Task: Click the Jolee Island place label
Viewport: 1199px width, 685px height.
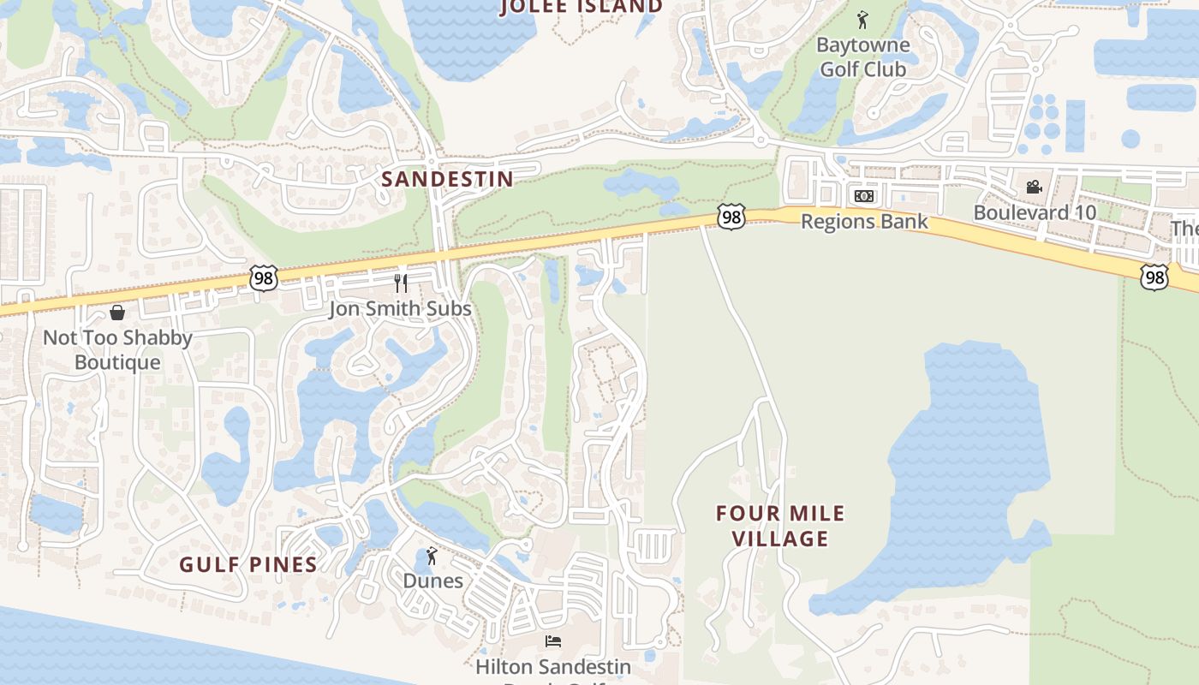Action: tap(582, 7)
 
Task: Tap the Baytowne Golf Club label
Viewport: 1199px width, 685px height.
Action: tap(862, 57)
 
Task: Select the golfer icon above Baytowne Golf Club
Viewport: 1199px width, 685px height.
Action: tap(862, 20)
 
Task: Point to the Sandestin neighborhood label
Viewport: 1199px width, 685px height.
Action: tap(447, 179)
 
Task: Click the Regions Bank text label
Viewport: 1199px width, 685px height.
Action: tap(864, 222)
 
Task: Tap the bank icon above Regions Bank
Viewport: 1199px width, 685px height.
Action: tap(863, 196)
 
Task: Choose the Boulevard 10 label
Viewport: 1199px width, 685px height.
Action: tap(1034, 212)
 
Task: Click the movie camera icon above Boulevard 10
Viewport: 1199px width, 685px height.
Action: tap(1034, 187)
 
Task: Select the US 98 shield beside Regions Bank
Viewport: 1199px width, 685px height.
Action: tap(731, 217)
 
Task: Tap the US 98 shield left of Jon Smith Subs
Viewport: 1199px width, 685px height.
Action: tap(264, 277)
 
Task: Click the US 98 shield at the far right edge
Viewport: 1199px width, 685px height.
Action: tap(1154, 276)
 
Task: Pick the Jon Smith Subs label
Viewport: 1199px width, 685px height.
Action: tap(400, 308)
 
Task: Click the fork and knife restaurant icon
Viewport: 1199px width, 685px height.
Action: tap(400, 283)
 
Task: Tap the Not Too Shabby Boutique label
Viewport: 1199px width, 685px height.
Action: tap(117, 349)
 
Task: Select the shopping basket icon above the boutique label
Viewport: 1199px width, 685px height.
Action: tap(117, 313)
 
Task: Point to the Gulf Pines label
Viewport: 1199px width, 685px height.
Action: tap(248, 564)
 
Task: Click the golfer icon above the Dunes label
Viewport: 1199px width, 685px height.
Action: tap(432, 557)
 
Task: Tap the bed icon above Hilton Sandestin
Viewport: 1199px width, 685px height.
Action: tap(553, 641)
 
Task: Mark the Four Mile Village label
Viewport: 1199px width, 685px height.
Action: tap(780, 526)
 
